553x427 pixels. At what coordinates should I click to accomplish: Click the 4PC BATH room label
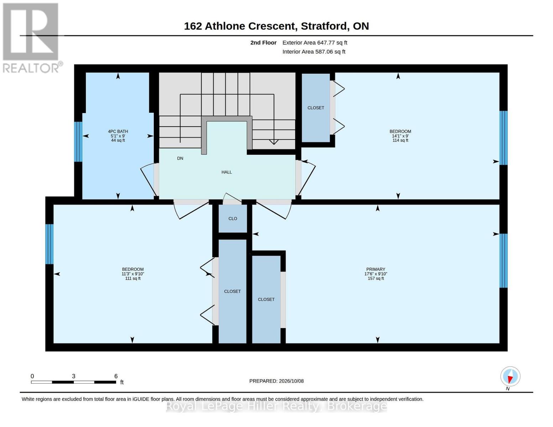tap(118, 131)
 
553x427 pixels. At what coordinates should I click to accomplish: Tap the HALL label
tap(226, 172)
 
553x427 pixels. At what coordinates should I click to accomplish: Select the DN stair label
tap(180, 158)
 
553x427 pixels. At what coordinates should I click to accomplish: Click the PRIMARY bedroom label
tap(376, 269)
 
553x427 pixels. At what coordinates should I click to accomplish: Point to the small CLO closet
tap(233, 218)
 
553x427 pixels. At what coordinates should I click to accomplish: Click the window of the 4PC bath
tap(78, 142)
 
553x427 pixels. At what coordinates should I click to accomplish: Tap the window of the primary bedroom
tap(504, 260)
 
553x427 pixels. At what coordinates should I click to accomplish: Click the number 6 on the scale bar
tap(116, 376)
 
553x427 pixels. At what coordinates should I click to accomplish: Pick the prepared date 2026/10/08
tap(291, 381)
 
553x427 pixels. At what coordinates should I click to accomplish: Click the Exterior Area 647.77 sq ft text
tap(315, 43)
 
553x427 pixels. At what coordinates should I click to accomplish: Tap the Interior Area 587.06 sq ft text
tap(314, 52)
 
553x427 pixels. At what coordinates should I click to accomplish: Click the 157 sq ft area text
tap(376, 278)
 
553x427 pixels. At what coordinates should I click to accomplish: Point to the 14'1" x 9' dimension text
tap(400, 136)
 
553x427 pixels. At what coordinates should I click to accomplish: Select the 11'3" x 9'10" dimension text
tap(133, 274)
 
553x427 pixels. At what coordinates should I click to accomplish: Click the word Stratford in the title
tap(324, 26)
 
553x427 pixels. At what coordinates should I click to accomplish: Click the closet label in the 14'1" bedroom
tap(315, 108)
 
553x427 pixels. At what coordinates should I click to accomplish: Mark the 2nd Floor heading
tap(263, 43)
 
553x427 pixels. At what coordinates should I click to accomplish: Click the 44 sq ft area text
tap(118, 141)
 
